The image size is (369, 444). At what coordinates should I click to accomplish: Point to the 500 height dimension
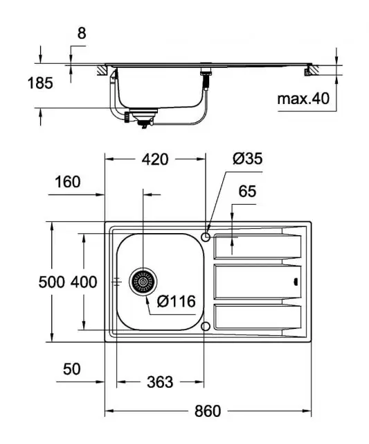(52, 282)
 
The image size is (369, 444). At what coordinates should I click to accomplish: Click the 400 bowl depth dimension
(84, 282)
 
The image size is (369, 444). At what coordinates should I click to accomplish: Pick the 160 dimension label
(67, 182)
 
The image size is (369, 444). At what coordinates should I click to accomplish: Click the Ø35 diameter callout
(247, 159)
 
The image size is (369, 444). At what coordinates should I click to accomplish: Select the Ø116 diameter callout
(176, 302)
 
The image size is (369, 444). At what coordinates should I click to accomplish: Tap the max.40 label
(303, 99)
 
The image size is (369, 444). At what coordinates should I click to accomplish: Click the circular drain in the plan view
(143, 282)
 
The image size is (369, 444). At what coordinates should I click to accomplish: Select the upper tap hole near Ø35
(206, 237)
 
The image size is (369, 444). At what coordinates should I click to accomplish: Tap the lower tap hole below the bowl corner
(206, 326)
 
